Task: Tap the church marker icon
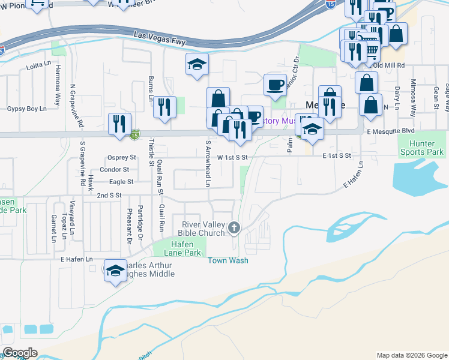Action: click(x=234, y=228)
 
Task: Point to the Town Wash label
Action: click(x=228, y=261)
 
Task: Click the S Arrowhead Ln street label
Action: click(x=208, y=163)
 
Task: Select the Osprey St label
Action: click(x=126, y=157)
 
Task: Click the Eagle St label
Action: click(x=121, y=181)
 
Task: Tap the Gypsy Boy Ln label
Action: click(x=26, y=109)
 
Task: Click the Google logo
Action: click(x=20, y=353)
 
